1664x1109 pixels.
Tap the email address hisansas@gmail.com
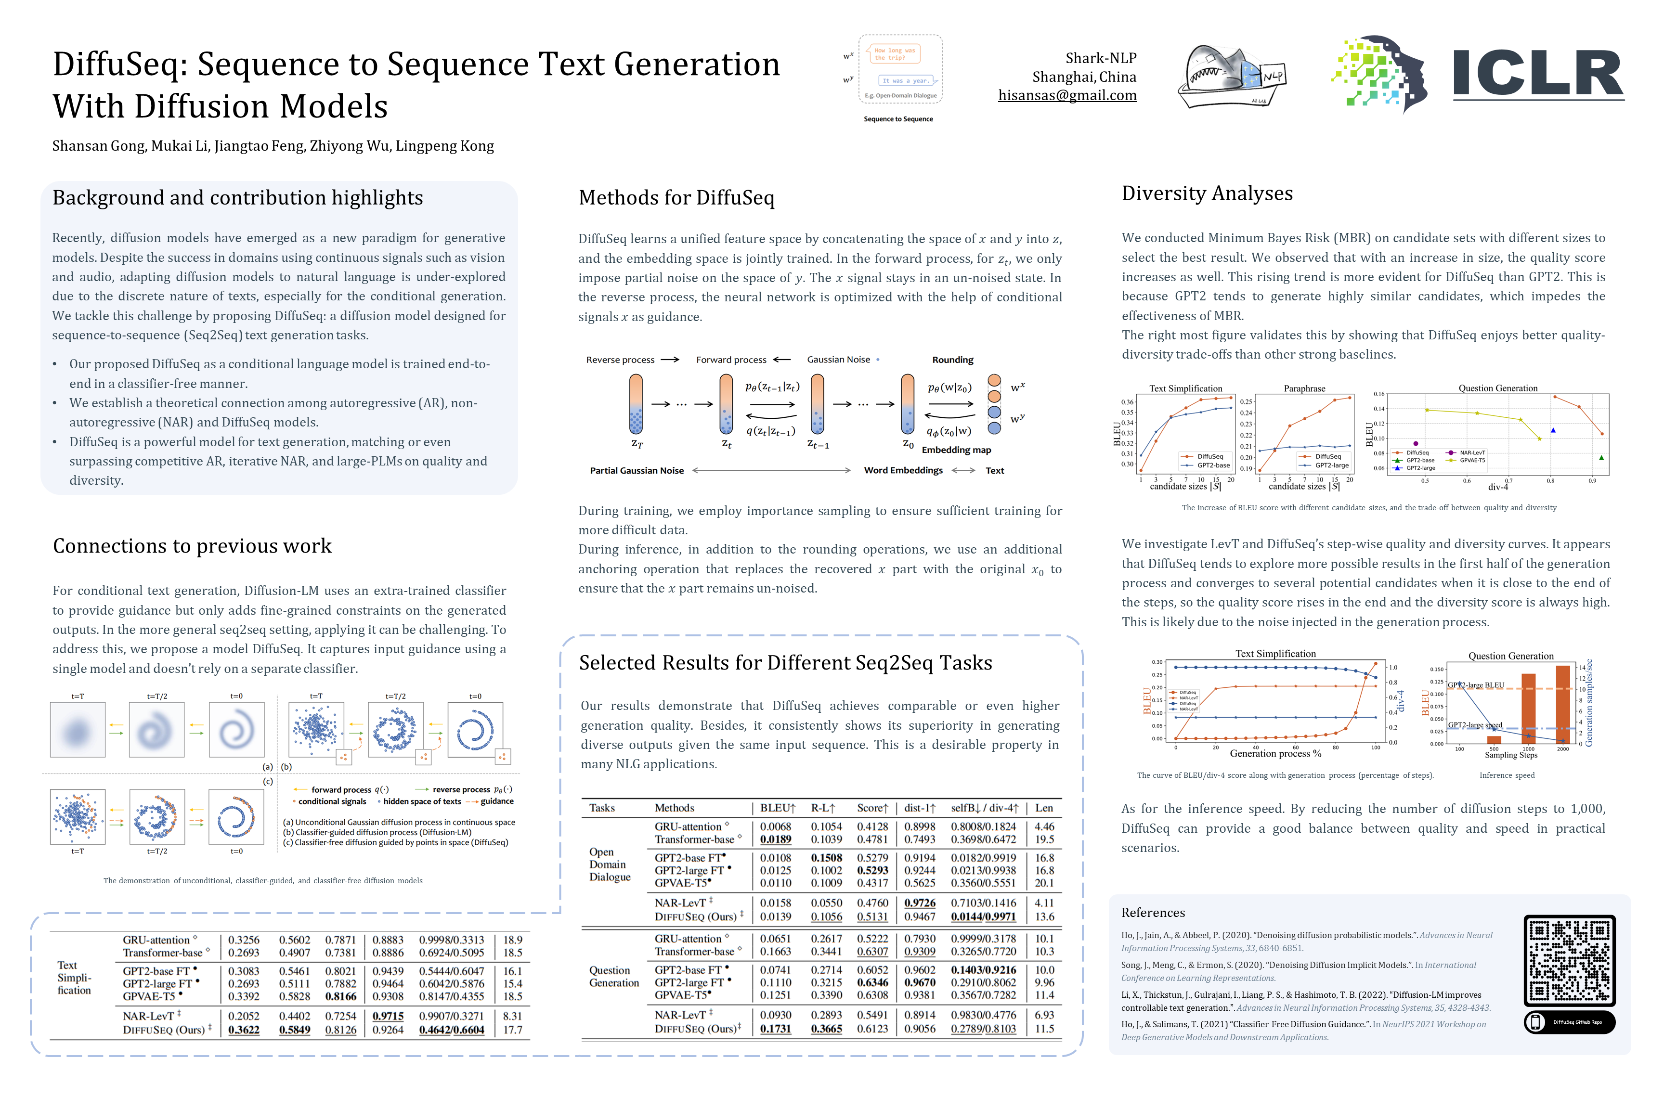click(1067, 95)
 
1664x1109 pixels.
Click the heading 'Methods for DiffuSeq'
click(676, 198)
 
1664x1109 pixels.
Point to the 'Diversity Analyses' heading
click(1207, 194)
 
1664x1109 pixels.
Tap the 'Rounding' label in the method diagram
click(952, 360)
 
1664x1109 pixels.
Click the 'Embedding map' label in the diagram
click(956, 450)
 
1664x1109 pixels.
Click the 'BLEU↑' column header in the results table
click(778, 808)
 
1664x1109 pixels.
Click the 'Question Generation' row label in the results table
click(613, 977)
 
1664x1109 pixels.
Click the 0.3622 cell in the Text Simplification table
click(243, 1030)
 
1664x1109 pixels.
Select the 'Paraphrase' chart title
click(1304, 389)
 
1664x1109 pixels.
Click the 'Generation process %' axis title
click(1275, 754)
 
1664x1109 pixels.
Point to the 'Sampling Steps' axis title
click(1510, 755)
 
